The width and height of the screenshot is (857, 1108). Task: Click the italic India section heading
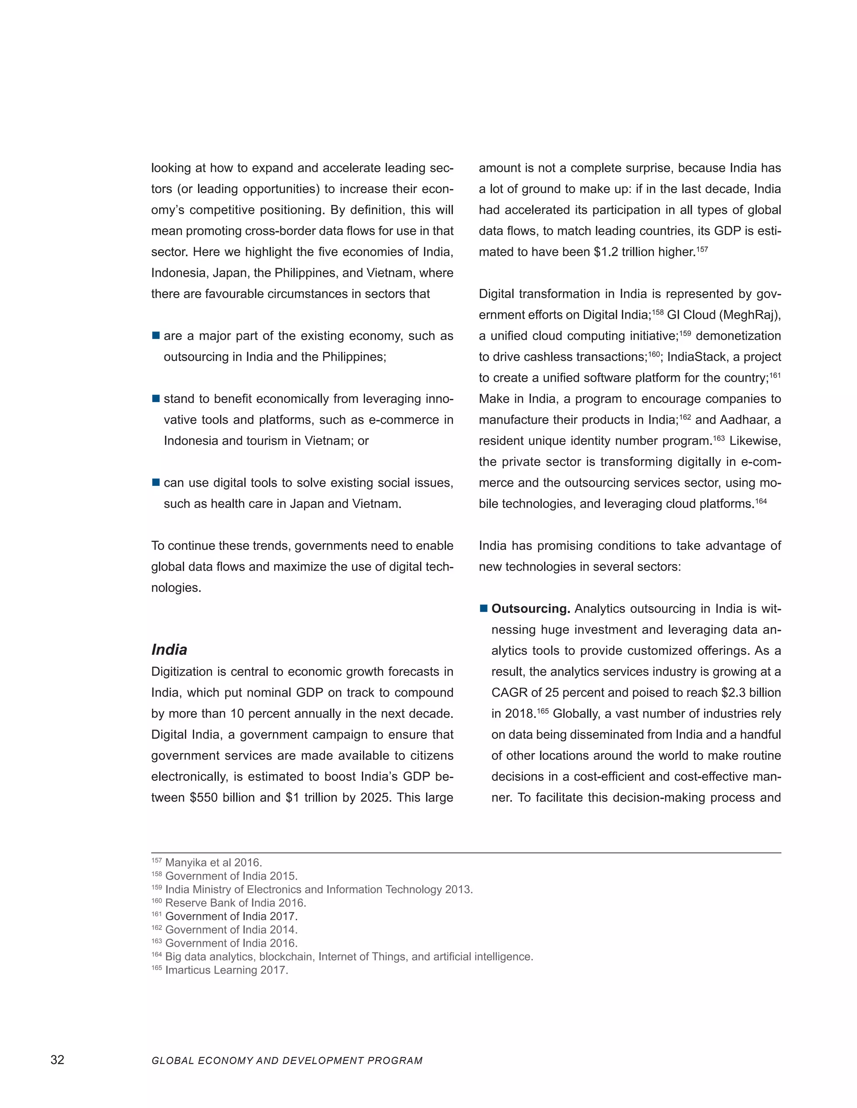(x=169, y=650)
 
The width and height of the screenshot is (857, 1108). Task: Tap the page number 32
(x=57, y=1060)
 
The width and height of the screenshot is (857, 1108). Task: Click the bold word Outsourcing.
(x=531, y=608)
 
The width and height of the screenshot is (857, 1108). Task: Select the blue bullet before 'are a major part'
(x=156, y=336)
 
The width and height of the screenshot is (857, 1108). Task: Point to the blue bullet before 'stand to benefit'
(x=156, y=399)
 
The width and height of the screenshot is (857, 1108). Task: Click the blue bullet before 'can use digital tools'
(x=156, y=483)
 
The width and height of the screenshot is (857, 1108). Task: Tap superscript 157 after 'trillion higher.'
(x=702, y=249)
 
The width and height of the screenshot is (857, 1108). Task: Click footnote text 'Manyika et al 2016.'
(x=214, y=863)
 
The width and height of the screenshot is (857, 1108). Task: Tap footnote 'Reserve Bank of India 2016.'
(x=236, y=903)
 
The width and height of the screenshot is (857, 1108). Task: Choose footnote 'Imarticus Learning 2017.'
(x=226, y=970)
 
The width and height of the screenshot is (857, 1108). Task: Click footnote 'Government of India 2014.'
(x=231, y=929)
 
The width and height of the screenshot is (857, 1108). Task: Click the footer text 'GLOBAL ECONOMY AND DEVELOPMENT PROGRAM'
(x=287, y=1060)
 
